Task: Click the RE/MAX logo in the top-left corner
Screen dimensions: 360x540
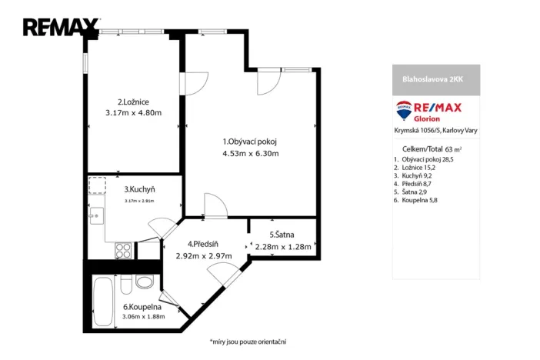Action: tap(60, 28)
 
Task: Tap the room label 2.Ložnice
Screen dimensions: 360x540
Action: tap(133, 102)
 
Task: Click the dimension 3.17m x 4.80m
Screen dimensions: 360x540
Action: tap(133, 113)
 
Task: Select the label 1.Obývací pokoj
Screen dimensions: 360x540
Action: tap(249, 141)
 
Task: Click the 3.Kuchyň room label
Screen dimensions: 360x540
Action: tap(140, 188)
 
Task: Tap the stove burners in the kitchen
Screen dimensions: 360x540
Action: tap(122, 249)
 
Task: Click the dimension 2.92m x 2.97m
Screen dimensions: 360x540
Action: tap(204, 256)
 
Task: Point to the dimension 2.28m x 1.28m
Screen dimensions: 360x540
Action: tap(282, 247)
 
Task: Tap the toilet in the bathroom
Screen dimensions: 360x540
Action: tap(144, 282)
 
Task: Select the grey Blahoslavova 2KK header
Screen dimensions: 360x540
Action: tap(431, 78)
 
